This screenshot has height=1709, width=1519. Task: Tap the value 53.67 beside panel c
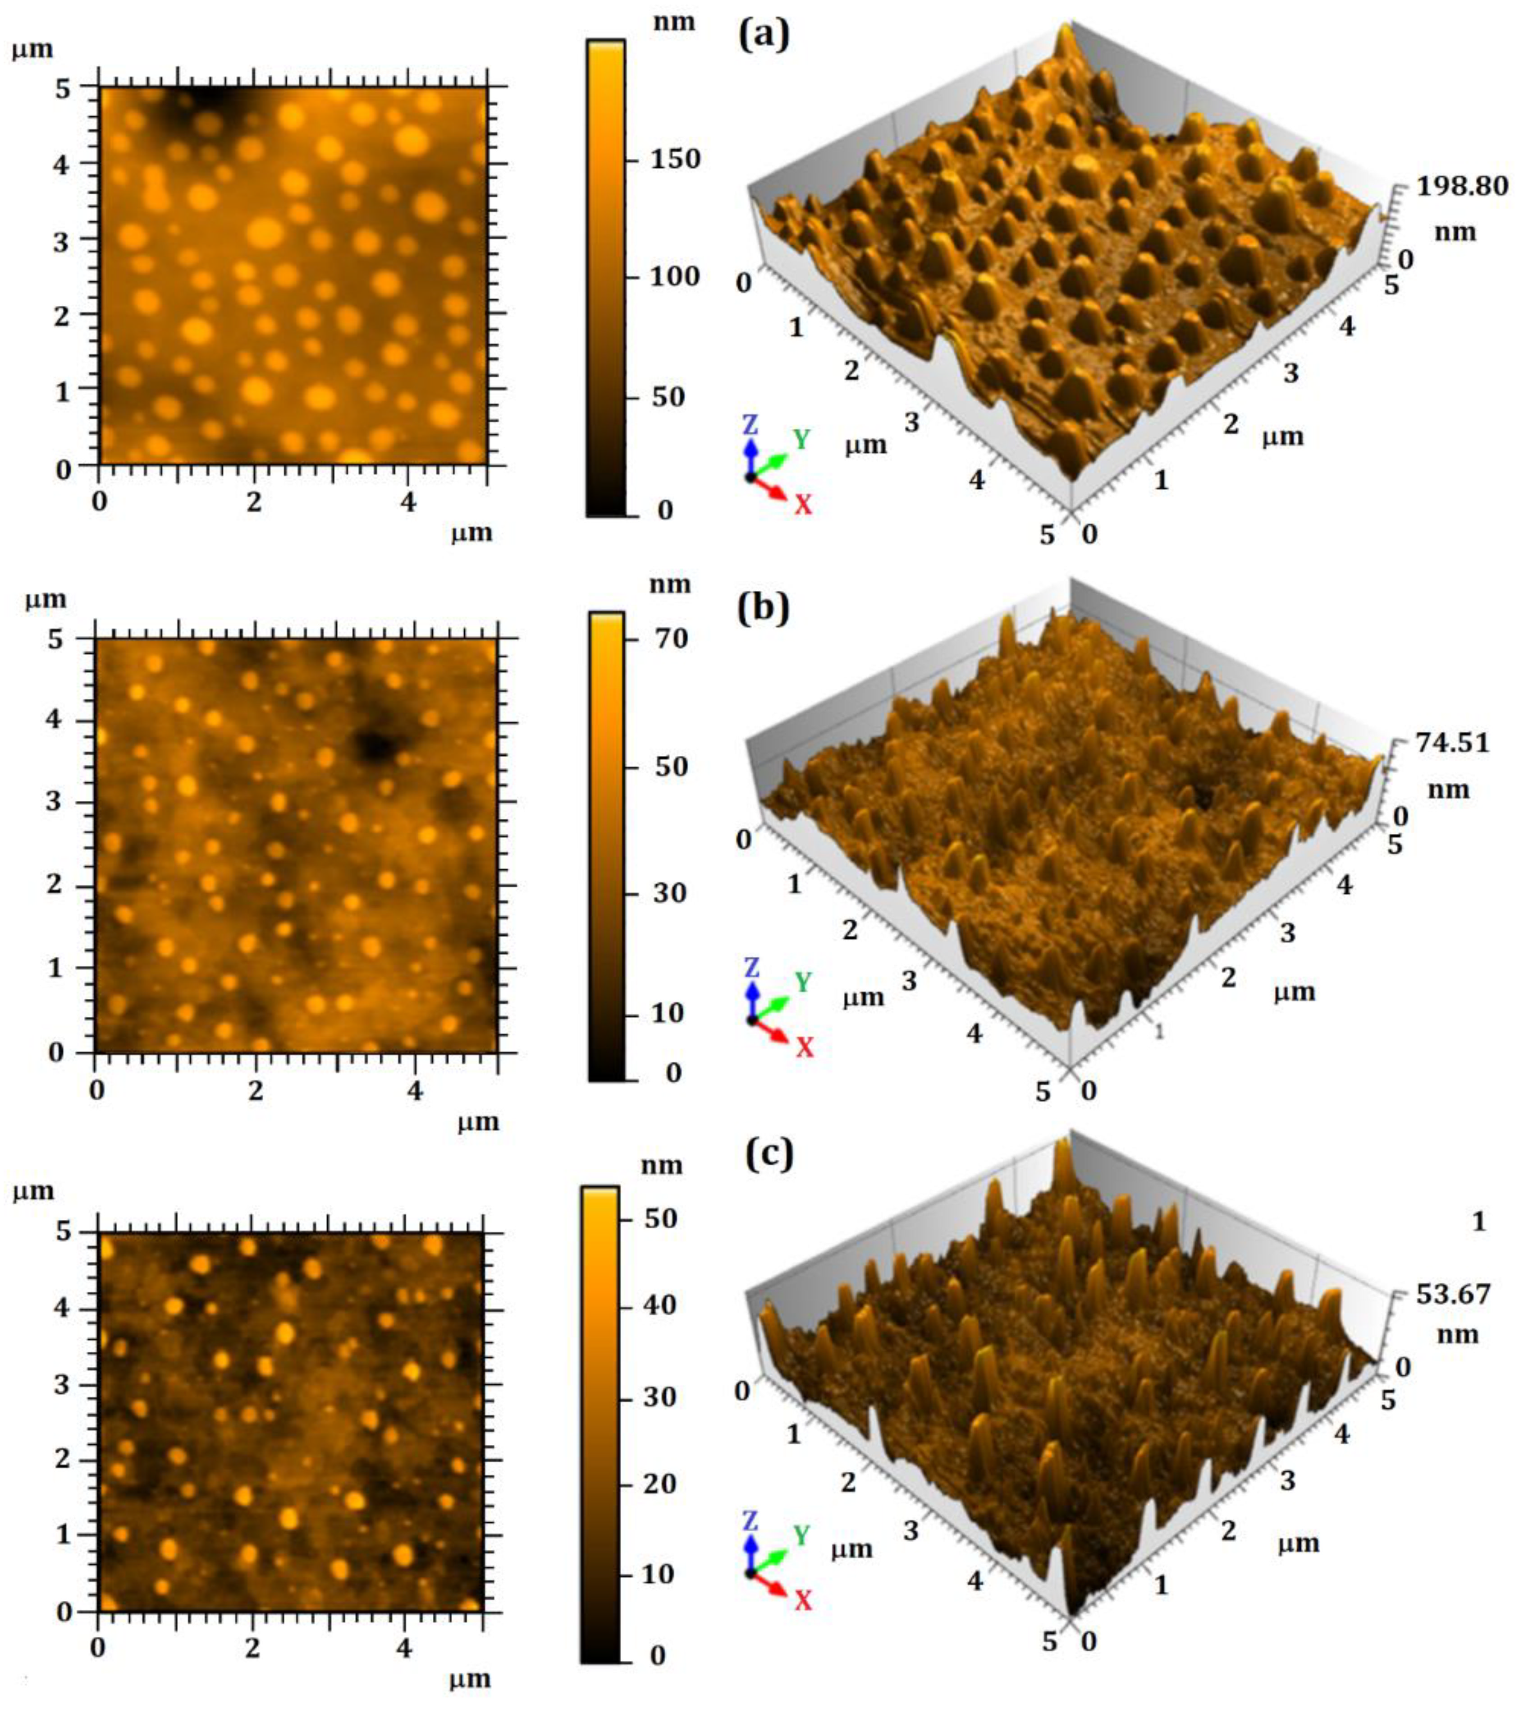click(x=1453, y=1294)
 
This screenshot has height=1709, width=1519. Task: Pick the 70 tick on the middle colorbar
click(x=670, y=639)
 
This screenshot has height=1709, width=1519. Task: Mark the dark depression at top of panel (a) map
click(x=205, y=105)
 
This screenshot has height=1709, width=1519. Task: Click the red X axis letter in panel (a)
click(x=803, y=504)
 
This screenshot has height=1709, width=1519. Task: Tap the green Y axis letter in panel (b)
click(x=803, y=982)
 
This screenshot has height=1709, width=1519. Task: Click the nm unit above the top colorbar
click(x=674, y=20)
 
